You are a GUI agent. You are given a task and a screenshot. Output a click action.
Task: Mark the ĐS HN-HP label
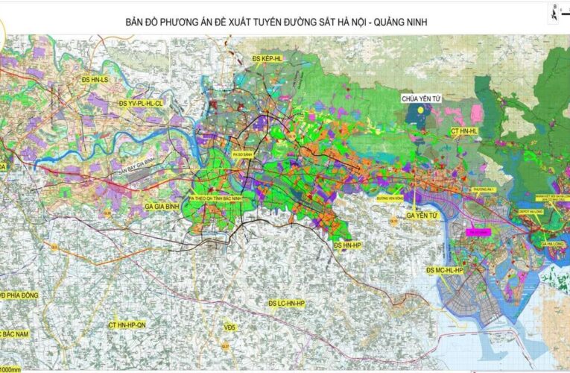[x=346, y=245]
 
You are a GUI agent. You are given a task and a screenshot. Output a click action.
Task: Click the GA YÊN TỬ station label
[x=425, y=216]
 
